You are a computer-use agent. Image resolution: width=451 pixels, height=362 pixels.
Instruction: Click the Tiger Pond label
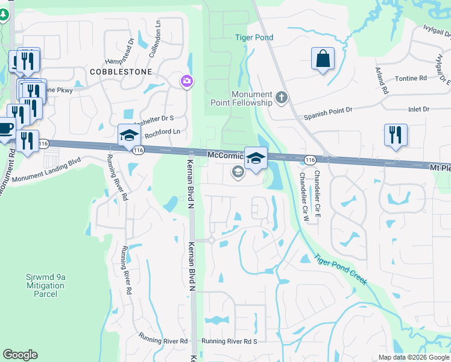(254, 37)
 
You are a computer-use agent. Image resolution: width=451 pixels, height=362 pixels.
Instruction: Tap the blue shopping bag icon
(323, 59)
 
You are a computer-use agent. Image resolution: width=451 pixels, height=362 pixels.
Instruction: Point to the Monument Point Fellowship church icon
(281, 97)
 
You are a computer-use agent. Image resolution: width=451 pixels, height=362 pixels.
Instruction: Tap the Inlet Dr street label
(417, 109)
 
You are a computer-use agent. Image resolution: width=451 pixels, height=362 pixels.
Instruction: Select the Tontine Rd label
(411, 78)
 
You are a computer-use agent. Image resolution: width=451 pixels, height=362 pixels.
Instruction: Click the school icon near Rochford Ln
(129, 136)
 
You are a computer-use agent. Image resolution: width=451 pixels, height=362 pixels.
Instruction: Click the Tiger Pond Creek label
(340, 268)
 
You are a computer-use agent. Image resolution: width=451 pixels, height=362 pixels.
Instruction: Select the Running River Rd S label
(229, 341)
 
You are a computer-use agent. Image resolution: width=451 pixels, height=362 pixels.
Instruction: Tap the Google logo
(20, 355)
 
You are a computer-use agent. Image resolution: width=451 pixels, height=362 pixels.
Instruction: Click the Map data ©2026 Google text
(414, 357)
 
